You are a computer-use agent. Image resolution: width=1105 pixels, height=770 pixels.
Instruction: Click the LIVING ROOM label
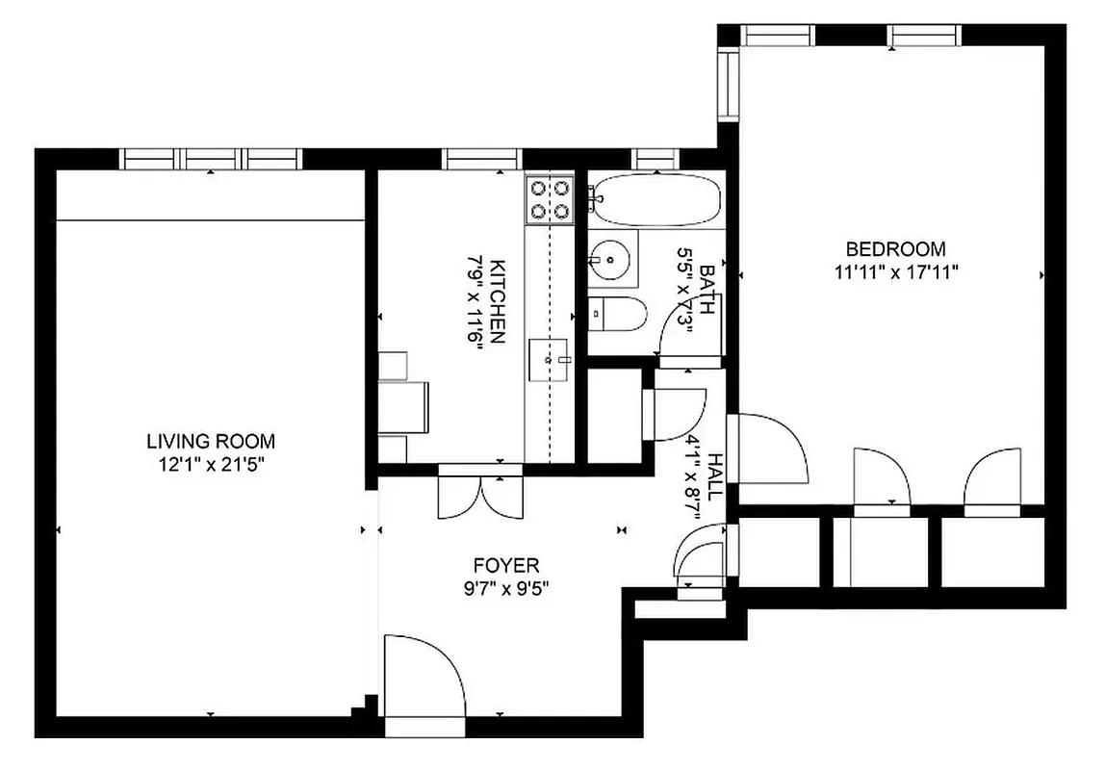(x=210, y=442)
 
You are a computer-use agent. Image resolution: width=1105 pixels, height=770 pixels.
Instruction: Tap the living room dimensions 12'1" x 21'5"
(x=210, y=465)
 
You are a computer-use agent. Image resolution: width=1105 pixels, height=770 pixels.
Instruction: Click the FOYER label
(x=505, y=565)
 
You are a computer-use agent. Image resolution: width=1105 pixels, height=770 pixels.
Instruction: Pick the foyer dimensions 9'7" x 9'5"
(x=505, y=587)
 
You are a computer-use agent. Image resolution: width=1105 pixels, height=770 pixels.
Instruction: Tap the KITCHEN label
(x=498, y=301)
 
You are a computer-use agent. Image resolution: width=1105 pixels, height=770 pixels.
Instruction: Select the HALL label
(x=714, y=475)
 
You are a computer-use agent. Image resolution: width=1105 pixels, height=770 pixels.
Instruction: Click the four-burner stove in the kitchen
(x=550, y=199)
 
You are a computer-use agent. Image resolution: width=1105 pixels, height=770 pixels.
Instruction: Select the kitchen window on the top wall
(x=480, y=158)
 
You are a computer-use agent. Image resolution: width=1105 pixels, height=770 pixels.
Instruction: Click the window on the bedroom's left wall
(x=729, y=87)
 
